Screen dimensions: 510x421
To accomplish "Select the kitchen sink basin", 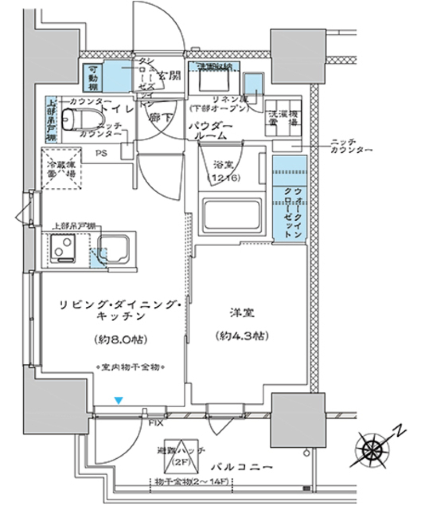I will pos(113,248).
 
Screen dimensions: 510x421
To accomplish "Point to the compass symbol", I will pos(374,448).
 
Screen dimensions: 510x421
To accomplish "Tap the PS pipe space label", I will pos(101,153).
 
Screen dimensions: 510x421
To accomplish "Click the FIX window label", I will pos(157,424).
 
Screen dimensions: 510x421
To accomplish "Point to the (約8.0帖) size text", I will pos(120,339).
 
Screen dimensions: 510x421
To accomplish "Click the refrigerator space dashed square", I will pos(61,169).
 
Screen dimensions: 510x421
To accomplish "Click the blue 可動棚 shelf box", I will pos(93,78).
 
